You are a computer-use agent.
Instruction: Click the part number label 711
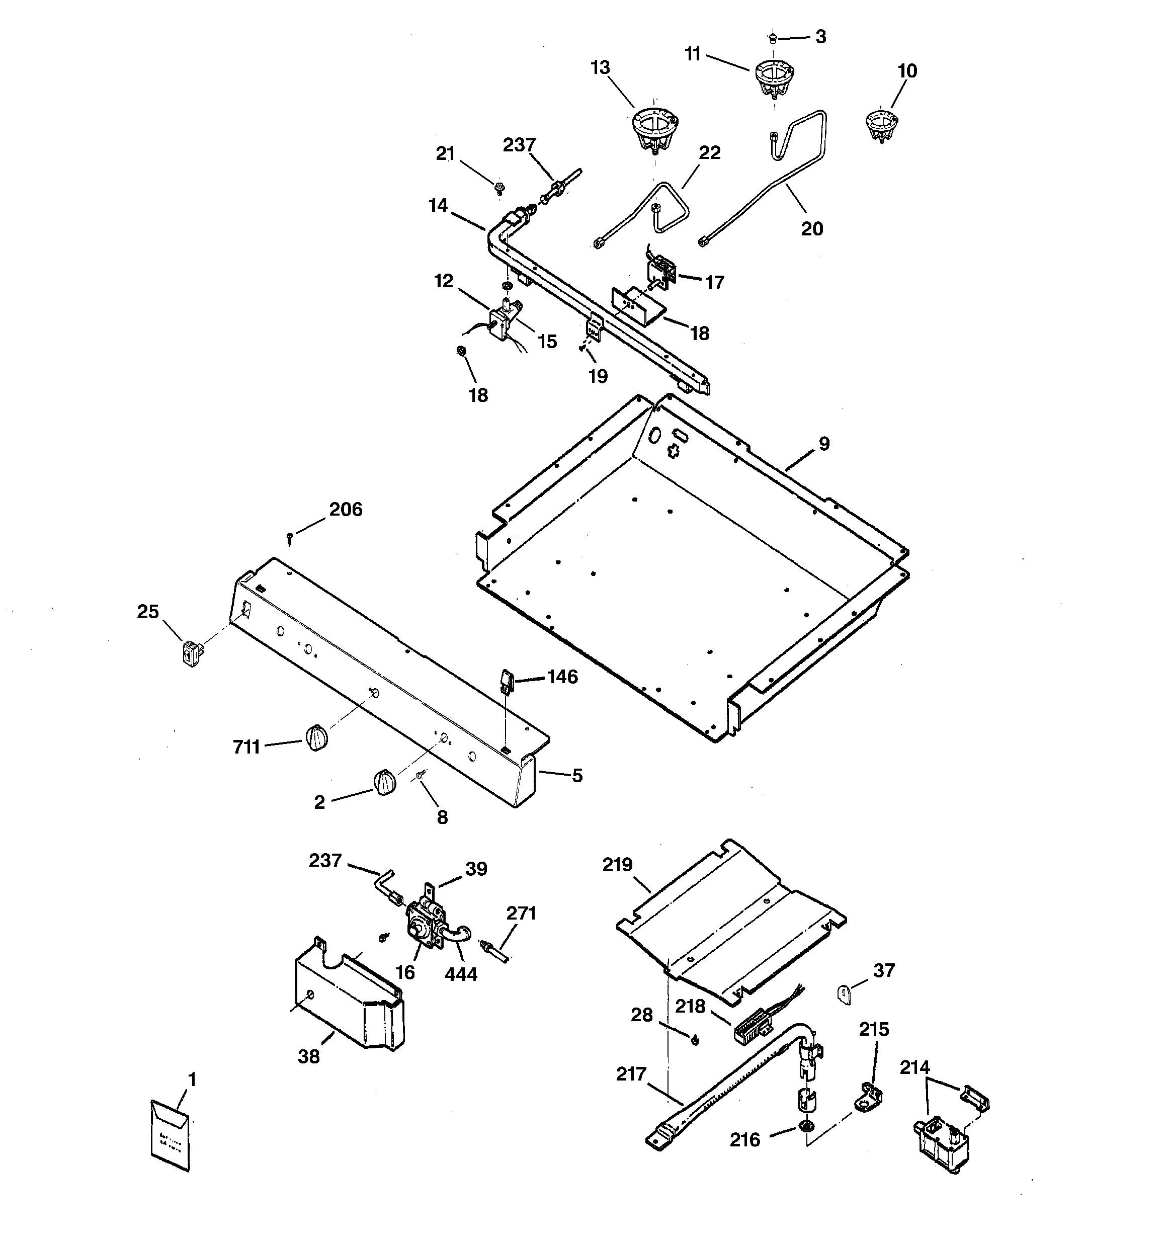246,747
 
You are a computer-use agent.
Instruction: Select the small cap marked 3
772,38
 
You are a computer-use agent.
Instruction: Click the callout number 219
618,865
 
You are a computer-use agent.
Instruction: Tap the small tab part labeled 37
845,994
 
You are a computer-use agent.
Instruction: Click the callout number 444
461,974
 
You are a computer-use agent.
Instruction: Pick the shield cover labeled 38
350,1001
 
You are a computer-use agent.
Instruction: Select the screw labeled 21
499,187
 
